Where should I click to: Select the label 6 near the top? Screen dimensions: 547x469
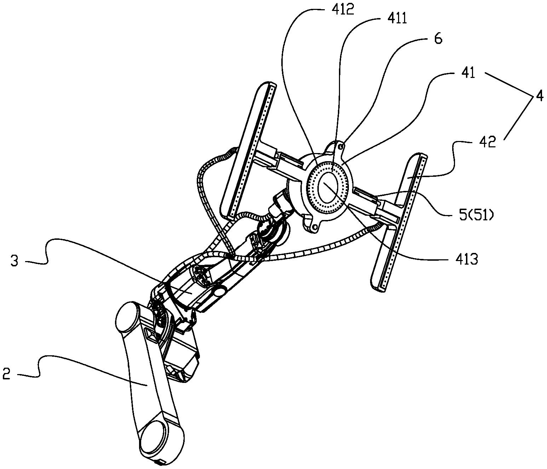tap(438, 39)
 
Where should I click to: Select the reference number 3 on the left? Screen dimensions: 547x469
tap(14, 261)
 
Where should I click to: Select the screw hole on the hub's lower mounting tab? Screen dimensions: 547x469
tap(315, 227)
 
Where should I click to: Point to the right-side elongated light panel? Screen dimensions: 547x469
tap(399, 222)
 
